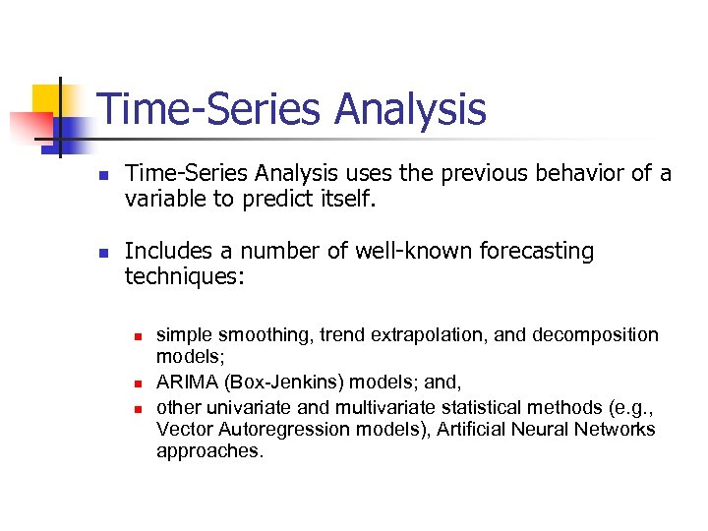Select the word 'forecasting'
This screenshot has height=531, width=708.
tap(536, 251)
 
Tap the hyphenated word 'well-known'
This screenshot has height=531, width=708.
tap(418, 251)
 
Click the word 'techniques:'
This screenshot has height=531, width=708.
tap(184, 276)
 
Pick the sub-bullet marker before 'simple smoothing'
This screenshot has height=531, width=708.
tap(140, 336)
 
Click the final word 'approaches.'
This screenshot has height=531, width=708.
tap(210, 453)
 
